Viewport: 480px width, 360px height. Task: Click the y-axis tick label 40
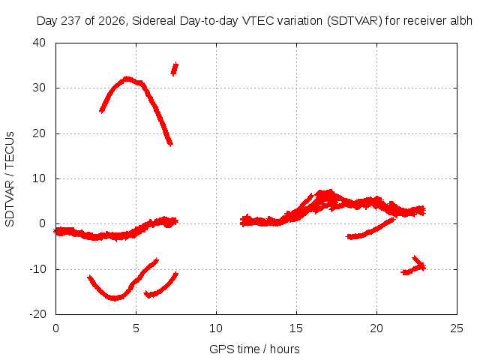point(39,43)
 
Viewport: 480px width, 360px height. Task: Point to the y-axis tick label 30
point(39,88)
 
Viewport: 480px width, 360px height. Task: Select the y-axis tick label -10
point(37,269)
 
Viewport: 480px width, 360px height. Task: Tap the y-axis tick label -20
point(37,314)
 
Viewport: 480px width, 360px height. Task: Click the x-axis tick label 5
point(136,328)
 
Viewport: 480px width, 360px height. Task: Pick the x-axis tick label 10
point(216,328)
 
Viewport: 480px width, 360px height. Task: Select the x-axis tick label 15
point(296,328)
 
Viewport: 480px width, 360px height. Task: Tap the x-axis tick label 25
point(457,328)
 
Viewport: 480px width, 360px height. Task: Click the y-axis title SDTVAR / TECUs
point(10,179)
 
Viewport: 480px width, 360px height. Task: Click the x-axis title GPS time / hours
point(254,349)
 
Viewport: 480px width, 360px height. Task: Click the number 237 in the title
point(71,21)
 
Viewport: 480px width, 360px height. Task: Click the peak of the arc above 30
point(127,79)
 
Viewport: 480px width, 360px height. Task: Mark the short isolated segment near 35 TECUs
point(175,69)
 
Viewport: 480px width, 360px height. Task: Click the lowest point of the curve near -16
point(115,298)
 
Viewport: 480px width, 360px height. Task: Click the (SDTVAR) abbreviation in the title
point(355,21)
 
